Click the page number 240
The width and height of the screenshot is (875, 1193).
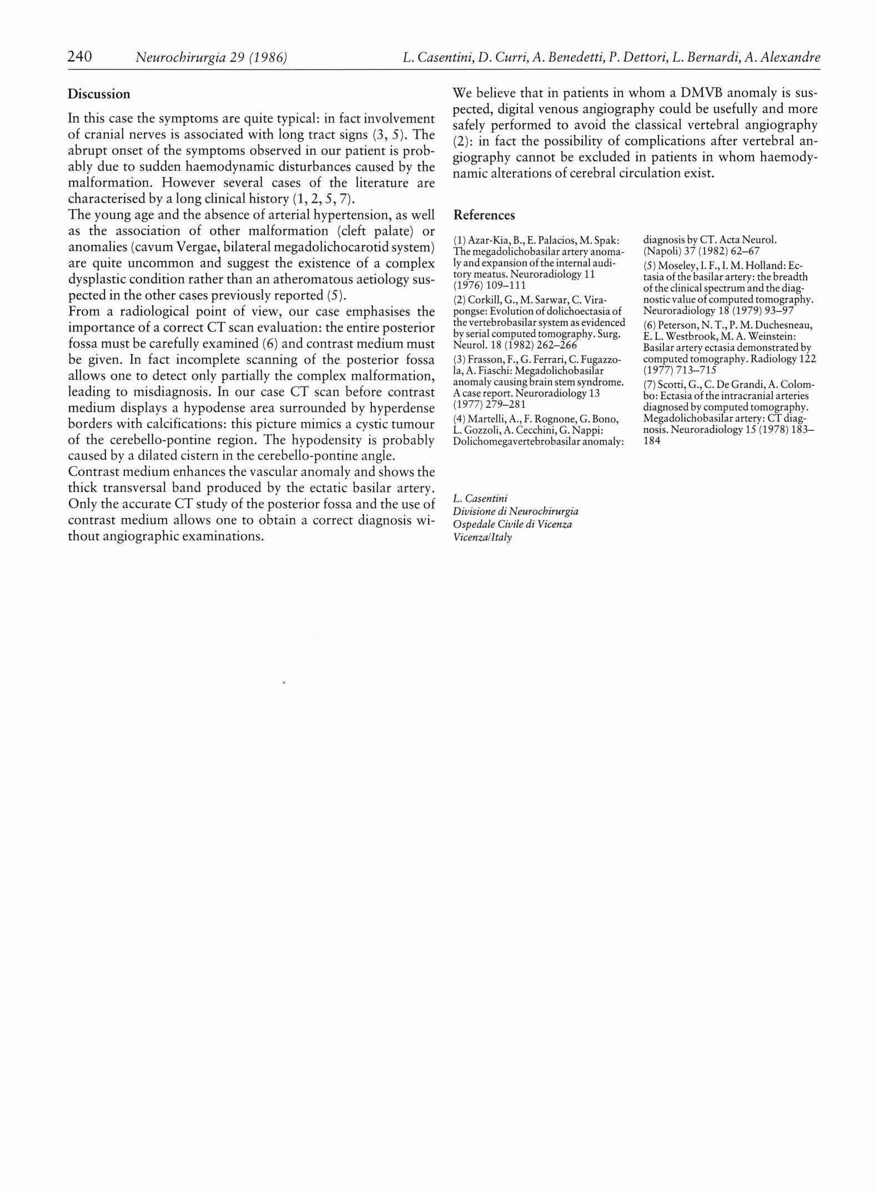pos(79,57)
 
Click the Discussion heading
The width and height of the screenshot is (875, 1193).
pos(99,94)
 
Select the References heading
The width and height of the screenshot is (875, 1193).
pos(484,215)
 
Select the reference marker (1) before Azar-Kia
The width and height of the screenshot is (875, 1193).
pos(459,240)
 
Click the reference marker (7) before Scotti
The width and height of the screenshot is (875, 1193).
pos(650,384)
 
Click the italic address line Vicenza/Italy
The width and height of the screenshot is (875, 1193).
pos(482,537)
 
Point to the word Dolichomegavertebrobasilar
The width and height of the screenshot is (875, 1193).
pos(510,442)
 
